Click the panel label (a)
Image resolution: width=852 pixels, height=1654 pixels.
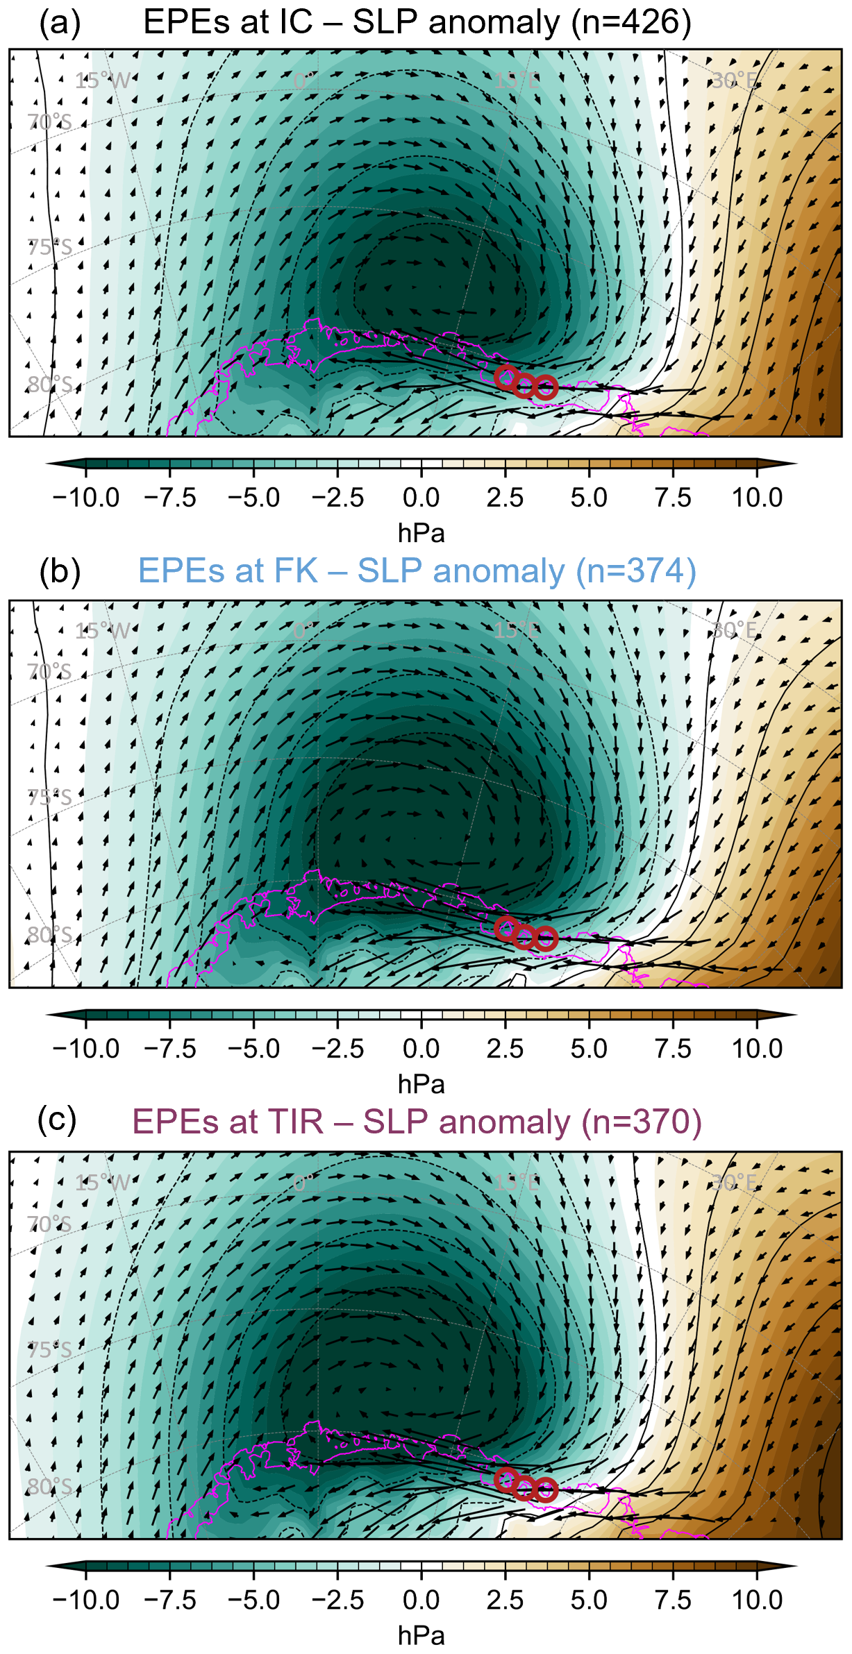pyautogui.click(x=60, y=23)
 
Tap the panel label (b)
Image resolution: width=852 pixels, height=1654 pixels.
pyautogui.click(x=60, y=572)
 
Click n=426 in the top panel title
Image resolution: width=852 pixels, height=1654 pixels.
pyautogui.click(x=631, y=23)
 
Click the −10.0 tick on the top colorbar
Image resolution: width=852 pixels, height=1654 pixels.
pyautogui.click(x=85, y=498)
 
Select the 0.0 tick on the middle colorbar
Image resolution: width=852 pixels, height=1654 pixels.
pyautogui.click(x=421, y=1048)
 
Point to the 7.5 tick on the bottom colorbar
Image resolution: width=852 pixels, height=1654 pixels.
pyautogui.click(x=673, y=1599)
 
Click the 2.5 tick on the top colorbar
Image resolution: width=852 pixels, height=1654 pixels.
pyautogui.click(x=505, y=498)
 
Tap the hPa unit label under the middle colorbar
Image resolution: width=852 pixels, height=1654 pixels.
pyautogui.click(x=421, y=1084)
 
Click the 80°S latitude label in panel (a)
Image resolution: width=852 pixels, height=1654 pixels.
pyautogui.click(x=49, y=385)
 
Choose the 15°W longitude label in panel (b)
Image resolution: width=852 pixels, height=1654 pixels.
pyautogui.click(x=102, y=631)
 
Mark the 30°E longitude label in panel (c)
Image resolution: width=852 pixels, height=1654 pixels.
pyautogui.click(x=734, y=1181)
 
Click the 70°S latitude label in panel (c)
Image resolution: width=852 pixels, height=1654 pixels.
pyautogui.click(x=49, y=1224)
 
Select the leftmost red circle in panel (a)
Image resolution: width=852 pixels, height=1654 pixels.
pyautogui.click(x=506, y=377)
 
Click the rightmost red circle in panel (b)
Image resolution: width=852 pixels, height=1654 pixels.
pyautogui.click(x=546, y=938)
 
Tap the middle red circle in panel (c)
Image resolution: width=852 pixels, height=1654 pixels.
pyautogui.click(x=524, y=1487)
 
